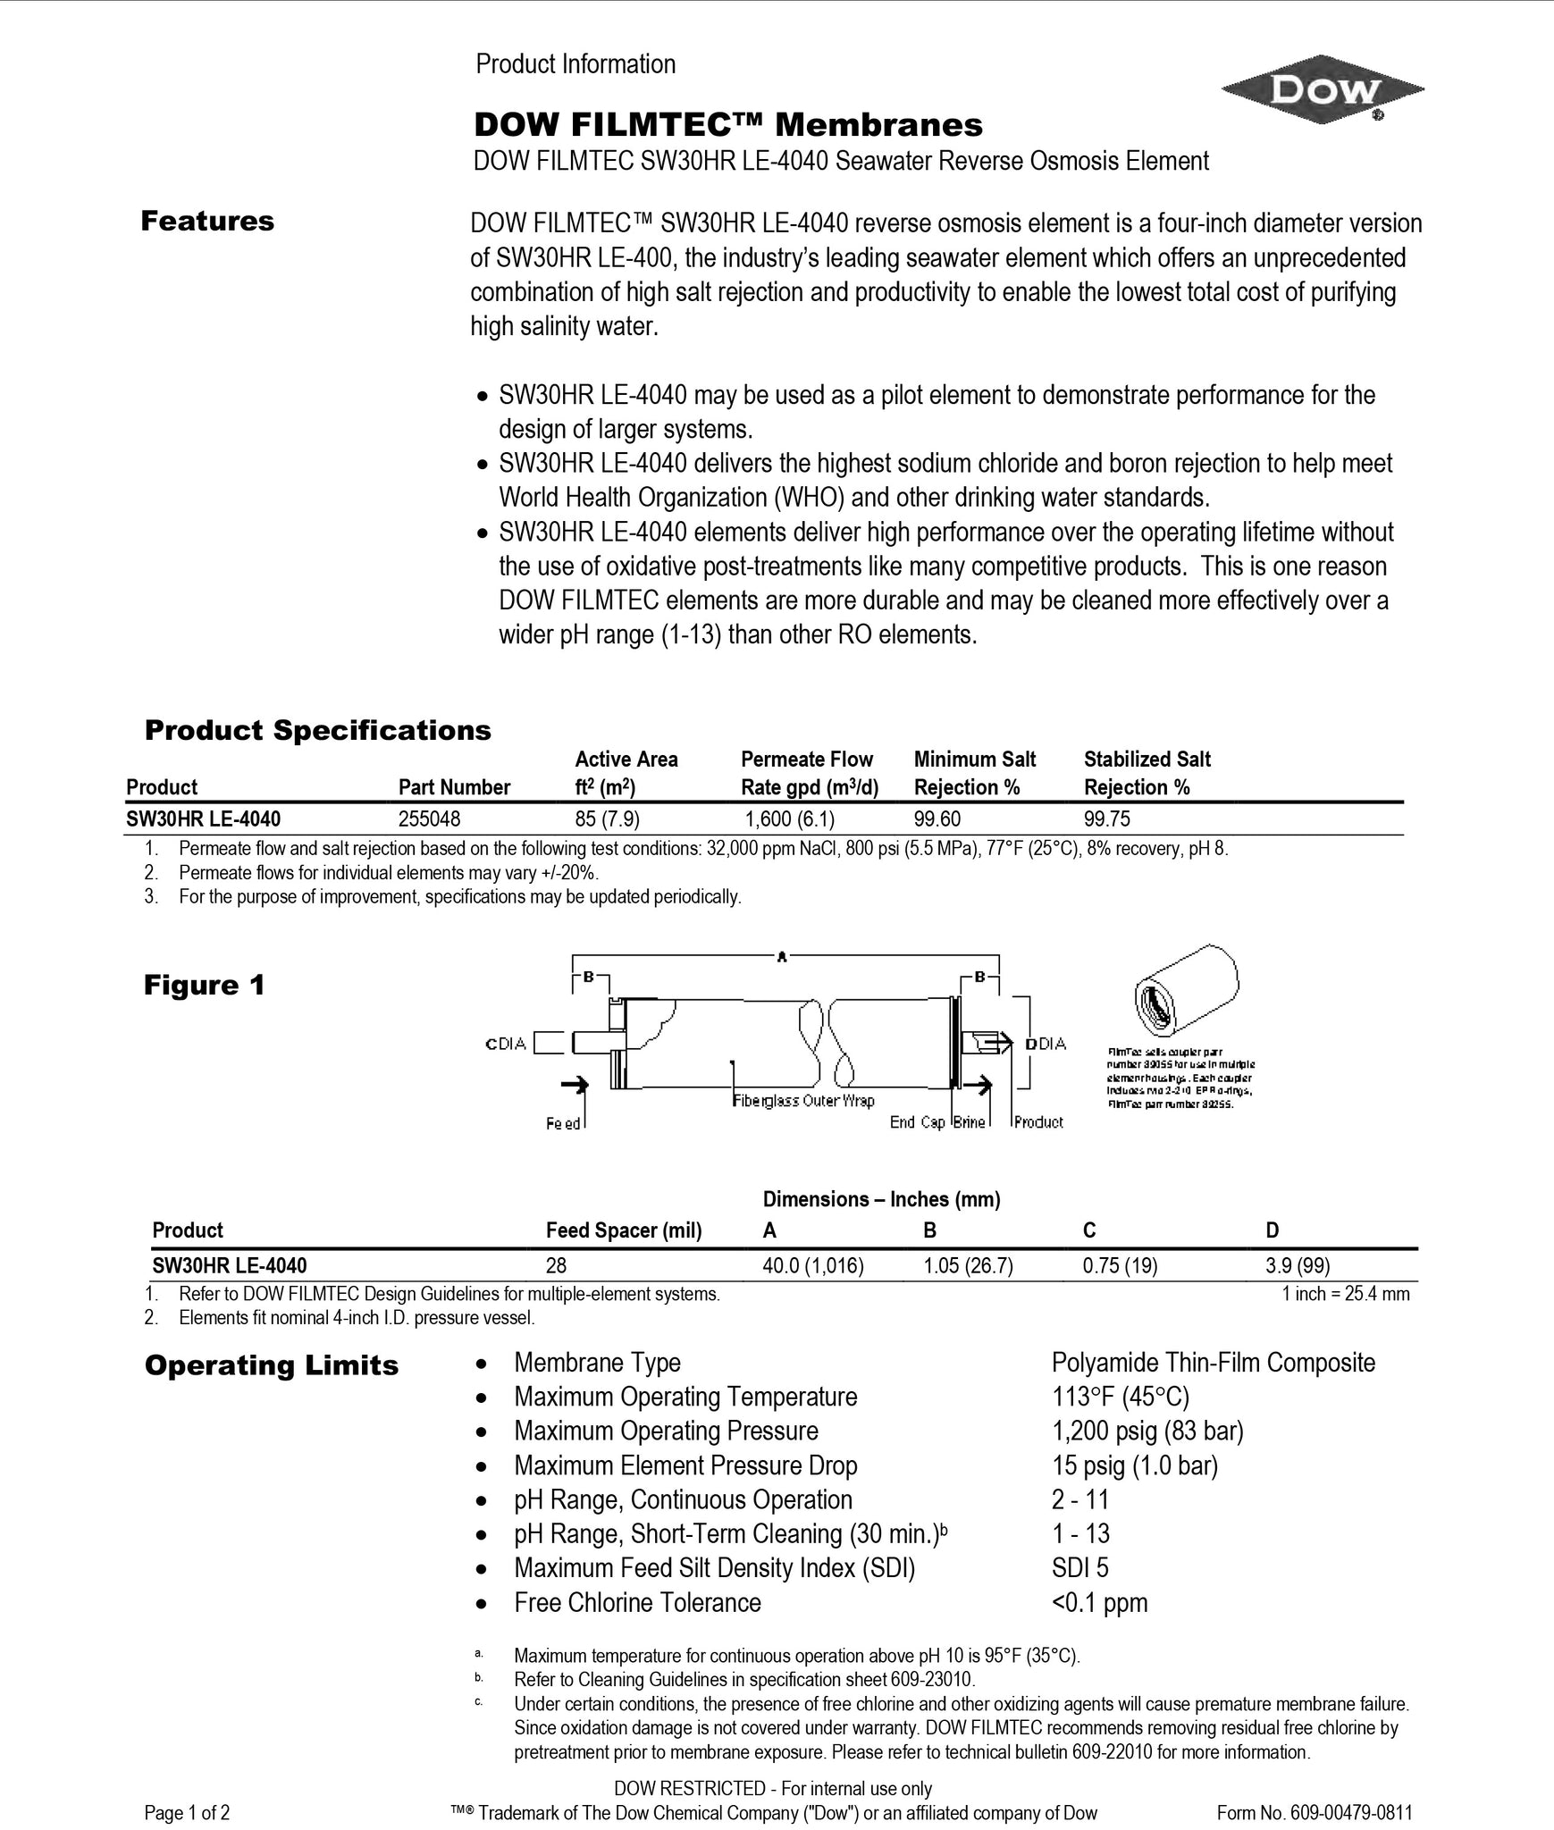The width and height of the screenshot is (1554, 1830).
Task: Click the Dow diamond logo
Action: [1322, 90]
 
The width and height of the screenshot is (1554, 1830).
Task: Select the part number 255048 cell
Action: [430, 818]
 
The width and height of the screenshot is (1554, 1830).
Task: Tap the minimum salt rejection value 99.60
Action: [937, 818]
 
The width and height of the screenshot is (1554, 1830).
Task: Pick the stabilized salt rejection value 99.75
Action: [1107, 818]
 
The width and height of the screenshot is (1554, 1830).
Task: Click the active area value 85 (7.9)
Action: [607, 818]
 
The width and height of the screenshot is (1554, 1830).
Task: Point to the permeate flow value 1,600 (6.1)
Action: [790, 818]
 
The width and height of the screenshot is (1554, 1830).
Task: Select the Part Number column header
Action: [454, 787]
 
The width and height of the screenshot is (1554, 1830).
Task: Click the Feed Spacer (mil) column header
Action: [624, 1230]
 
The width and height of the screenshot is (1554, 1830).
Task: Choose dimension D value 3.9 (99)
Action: [1298, 1265]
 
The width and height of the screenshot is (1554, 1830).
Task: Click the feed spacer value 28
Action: [556, 1265]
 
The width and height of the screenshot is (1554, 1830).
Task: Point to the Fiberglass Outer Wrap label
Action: [803, 1101]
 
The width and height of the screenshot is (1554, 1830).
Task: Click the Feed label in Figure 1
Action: [563, 1123]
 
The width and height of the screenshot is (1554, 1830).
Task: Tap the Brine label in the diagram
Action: [969, 1122]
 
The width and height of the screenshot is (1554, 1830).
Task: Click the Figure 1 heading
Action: [205, 986]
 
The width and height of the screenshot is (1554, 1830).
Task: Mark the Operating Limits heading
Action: [272, 1365]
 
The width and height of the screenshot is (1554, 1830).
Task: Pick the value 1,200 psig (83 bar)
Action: [1147, 1431]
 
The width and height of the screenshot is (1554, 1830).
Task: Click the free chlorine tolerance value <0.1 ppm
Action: [1099, 1602]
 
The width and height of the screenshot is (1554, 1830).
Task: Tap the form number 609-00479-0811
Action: [1315, 1813]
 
